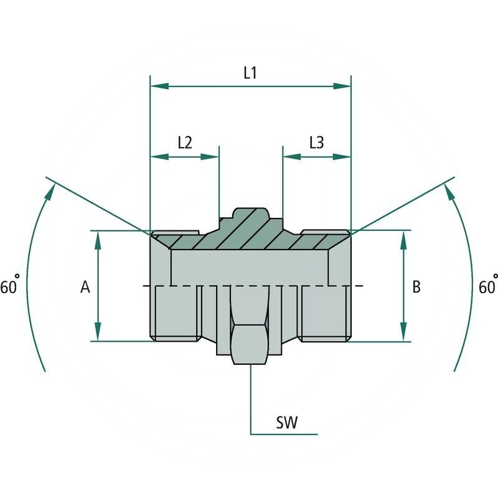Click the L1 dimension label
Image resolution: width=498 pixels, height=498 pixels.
tap(250, 73)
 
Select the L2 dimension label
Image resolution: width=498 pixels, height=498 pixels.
tap(185, 143)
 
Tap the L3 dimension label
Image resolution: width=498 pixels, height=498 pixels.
tap(317, 143)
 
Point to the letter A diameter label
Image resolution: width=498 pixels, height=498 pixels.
tap(85, 287)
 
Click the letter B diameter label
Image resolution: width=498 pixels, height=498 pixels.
tap(416, 287)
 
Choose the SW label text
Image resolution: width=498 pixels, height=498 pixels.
tap(287, 423)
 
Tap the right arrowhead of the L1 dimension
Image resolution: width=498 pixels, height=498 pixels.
tap(343, 86)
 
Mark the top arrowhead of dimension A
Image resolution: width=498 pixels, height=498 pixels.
tap(98, 240)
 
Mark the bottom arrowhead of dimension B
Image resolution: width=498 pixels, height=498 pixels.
tap(403, 332)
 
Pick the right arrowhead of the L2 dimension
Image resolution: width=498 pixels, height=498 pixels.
tap(212, 157)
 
